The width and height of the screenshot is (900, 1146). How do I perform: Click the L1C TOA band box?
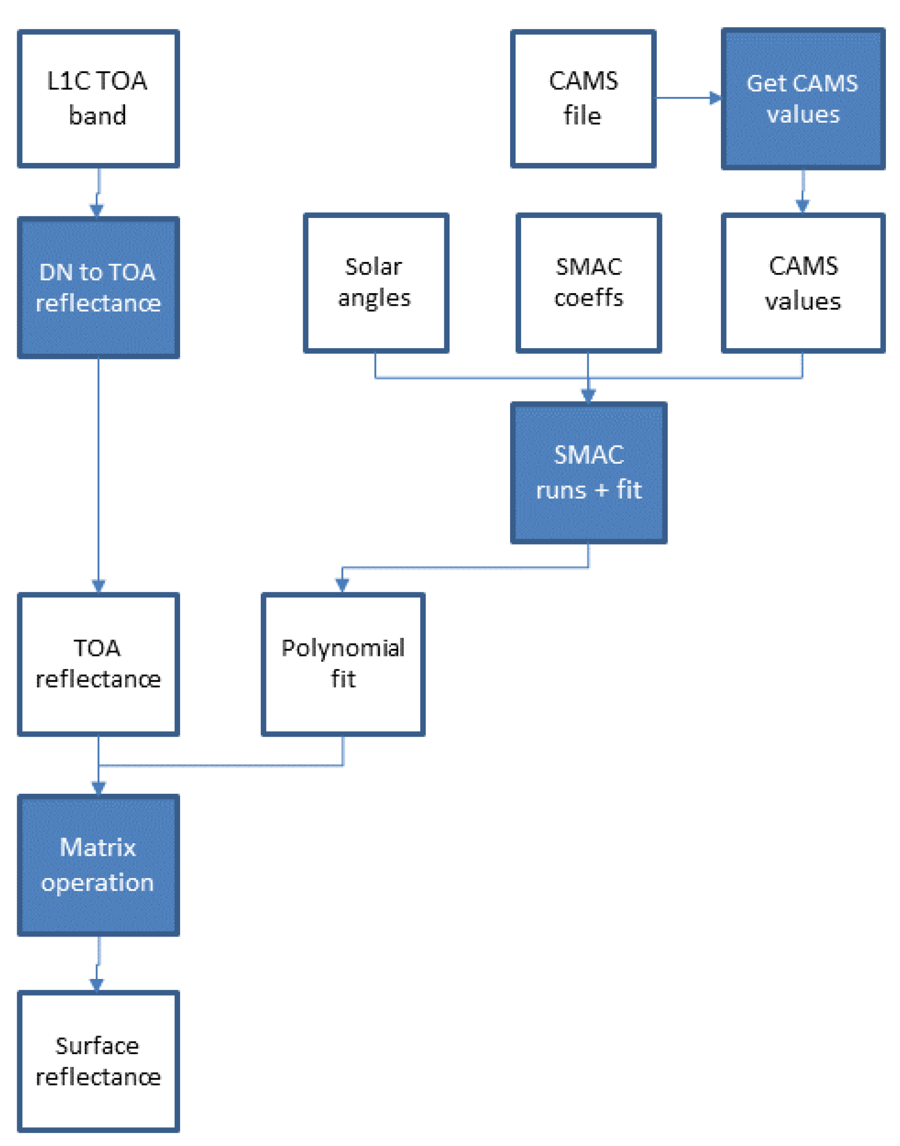pyautogui.click(x=98, y=98)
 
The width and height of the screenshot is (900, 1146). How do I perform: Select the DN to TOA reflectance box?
pyautogui.click(x=98, y=288)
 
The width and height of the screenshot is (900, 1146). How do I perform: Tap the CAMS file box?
pyautogui.click(x=583, y=98)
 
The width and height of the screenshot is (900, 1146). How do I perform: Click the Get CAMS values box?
pyautogui.click(x=803, y=98)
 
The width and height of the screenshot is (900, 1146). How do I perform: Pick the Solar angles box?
pyautogui.click(x=376, y=283)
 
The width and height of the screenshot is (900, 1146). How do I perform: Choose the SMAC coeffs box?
pyautogui.click(x=588, y=283)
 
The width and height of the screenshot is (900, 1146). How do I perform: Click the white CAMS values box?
pyautogui.click(x=803, y=283)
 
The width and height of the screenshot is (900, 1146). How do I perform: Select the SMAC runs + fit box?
pyautogui.click(x=588, y=473)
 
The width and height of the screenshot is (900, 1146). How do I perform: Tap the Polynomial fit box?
pyautogui.click(x=343, y=664)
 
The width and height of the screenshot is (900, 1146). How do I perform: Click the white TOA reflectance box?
pyautogui.click(x=98, y=664)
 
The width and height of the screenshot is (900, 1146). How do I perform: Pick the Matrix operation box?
pyautogui.click(x=98, y=865)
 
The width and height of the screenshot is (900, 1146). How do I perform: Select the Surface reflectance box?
pyautogui.click(x=98, y=1061)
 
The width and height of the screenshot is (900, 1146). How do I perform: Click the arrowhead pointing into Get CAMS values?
pyautogui.click(x=715, y=98)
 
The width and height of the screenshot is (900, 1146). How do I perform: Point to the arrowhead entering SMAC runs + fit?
pyautogui.click(x=588, y=395)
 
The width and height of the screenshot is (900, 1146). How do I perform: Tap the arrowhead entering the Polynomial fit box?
pyautogui.click(x=342, y=584)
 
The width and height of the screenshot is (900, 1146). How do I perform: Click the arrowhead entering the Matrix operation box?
pyautogui.click(x=98, y=788)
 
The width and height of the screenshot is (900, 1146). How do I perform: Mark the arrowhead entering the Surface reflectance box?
pyautogui.click(x=96, y=984)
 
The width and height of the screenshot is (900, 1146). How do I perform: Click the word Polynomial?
pyautogui.click(x=343, y=648)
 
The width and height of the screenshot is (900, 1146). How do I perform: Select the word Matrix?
pyautogui.click(x=98, y=848)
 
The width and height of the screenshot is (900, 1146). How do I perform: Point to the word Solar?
pyautogui.click(x=373, y=267)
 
